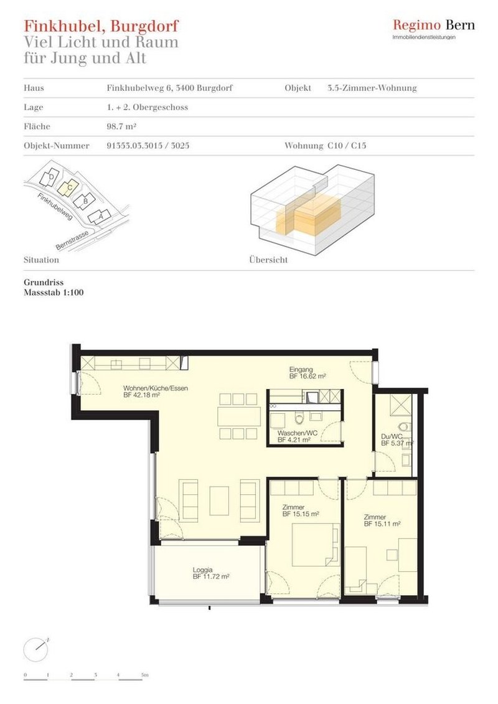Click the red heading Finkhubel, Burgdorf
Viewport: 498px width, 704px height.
pyautogui.click(x=101, y=26)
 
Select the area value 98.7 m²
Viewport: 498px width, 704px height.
pyautogui.click(x=121, y=127)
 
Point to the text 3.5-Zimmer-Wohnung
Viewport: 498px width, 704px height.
pyautogui.click(x=372, y=88)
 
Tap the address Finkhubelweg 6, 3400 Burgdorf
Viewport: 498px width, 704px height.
pyautogui.click(x=169, y=88)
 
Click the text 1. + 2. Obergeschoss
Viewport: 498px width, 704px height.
pyautogui.click(x=147, y=108)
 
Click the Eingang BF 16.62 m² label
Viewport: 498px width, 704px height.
pyautogui.click(x=308, y=373)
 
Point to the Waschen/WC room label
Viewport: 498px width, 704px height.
pyautogui.click(x=294, y=436)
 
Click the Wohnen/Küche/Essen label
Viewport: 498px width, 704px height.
pyautogui.click(x=155, y=392)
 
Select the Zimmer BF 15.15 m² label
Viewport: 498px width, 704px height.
pyautogui.click(x=301, y=511)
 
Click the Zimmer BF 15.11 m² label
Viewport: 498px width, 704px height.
pyautogui.click(x=382, y=520)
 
